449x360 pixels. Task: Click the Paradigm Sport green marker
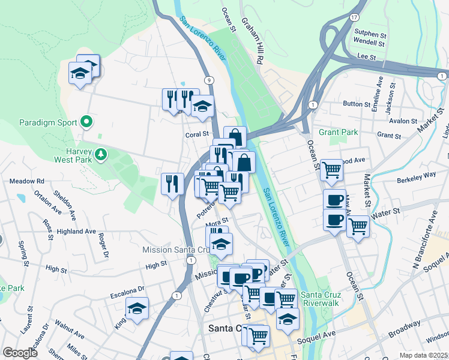86,122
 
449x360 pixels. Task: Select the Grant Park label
339,132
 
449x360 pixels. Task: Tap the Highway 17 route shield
355,18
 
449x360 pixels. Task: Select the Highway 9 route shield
208,80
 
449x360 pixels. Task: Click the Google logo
20,353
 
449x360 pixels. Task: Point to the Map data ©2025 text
424,355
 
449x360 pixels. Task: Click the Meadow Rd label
28,181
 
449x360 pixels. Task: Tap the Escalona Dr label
128,289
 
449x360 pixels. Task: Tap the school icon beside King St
137,309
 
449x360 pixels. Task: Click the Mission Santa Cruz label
175,250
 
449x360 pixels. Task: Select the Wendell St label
369,43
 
